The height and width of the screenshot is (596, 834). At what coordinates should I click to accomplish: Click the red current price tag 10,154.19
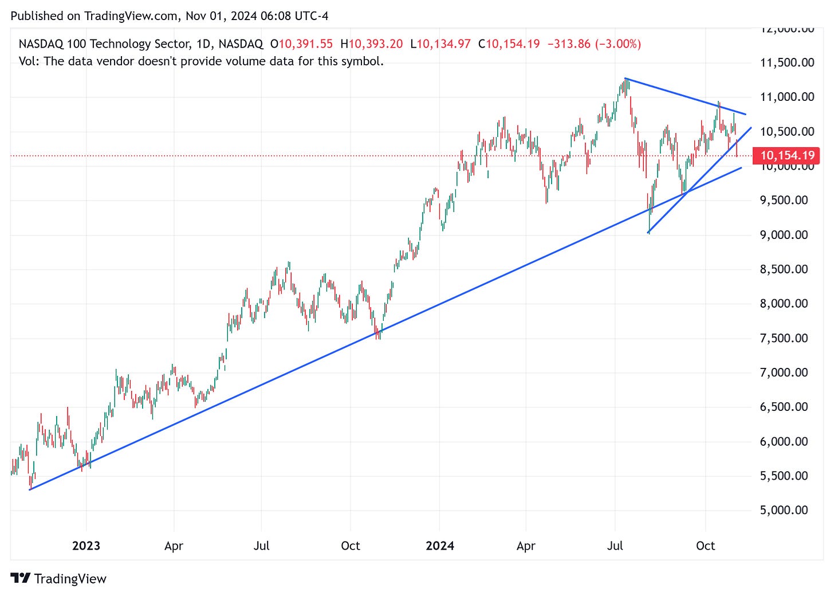click(x=786, y=155)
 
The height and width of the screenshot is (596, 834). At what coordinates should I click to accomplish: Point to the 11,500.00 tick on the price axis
click(x=786, y=62)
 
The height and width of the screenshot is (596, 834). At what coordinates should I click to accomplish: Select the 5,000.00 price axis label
click(x=784, y=510)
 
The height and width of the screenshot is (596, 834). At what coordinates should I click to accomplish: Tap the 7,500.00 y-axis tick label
click(x=784, y=338)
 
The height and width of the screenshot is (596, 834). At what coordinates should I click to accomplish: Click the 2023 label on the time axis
click(x=86, y=546)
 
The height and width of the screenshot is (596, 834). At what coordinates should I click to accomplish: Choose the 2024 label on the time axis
click(x=439, y=546)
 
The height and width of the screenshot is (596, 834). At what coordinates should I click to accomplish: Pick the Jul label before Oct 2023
click(x=261, y=546)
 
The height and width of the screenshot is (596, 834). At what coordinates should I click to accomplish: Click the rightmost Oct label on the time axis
click(x=705, y=546)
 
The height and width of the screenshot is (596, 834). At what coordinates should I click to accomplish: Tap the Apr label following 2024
click(x=525, y=546)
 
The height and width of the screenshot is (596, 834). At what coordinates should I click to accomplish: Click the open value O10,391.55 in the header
click(x=301, y=44)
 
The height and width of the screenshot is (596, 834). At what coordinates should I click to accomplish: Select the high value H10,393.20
click(x=371, y=44)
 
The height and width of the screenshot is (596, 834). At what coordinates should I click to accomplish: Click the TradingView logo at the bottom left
click(x=58, y=578)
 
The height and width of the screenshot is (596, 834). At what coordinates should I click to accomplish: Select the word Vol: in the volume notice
click(x=29, y=61)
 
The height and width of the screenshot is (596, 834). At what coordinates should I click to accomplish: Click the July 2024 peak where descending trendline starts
click(x=626, y=79)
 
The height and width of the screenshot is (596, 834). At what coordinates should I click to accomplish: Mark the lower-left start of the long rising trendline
click(x=30, y=489)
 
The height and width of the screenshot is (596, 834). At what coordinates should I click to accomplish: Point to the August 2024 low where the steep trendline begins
click(x=648, y=232)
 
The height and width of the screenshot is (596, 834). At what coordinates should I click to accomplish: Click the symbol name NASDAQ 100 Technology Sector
click(x=104, y=44)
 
